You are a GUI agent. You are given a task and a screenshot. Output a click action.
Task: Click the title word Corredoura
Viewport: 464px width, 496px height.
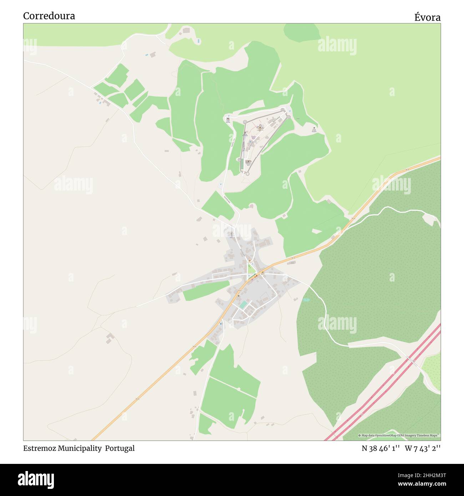tap(49, 16)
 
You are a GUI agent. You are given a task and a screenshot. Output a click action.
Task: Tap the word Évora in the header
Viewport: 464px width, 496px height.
tap(427, 17)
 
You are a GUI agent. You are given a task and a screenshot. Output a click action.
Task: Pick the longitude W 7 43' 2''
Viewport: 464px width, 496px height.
tap(423, 449)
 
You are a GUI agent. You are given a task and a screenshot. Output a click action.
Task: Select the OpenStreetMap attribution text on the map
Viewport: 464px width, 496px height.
tap(399, 436)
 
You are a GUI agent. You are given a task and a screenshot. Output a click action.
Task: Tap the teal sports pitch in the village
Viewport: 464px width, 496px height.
tap(243, 305)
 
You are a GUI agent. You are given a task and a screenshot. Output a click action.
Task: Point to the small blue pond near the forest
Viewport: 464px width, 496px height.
tap(306, 300)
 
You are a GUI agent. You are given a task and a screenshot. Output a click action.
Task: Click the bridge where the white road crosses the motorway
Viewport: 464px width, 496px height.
tap(414, 361)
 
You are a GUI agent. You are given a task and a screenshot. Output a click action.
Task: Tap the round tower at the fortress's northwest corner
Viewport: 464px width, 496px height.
tap(245, 122)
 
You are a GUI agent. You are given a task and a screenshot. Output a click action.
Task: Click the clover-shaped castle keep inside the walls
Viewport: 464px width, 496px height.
tap(261, 127)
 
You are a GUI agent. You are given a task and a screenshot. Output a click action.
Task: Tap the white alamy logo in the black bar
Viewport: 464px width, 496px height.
tap(36, 479)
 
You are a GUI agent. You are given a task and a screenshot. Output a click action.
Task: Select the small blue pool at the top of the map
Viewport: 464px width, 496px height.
tap(198, 41)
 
